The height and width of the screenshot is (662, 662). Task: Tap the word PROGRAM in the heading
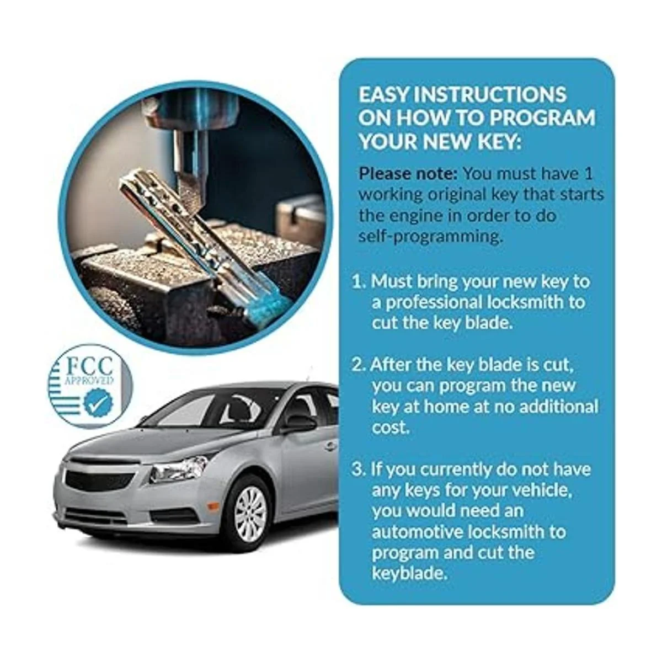click(x=542, y=118)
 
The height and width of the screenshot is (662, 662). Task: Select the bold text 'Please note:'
click(x=408, y=174)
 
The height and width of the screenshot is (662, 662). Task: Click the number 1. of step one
click(x=360, y=281)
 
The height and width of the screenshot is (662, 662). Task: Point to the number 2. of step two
click(x=359, y=365)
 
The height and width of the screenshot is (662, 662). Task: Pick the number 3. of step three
click(x=359, y=469)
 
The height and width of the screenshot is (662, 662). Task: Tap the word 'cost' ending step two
click(x=389, y=428)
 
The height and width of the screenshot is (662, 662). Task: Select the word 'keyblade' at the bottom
click(x=409, y=573)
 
